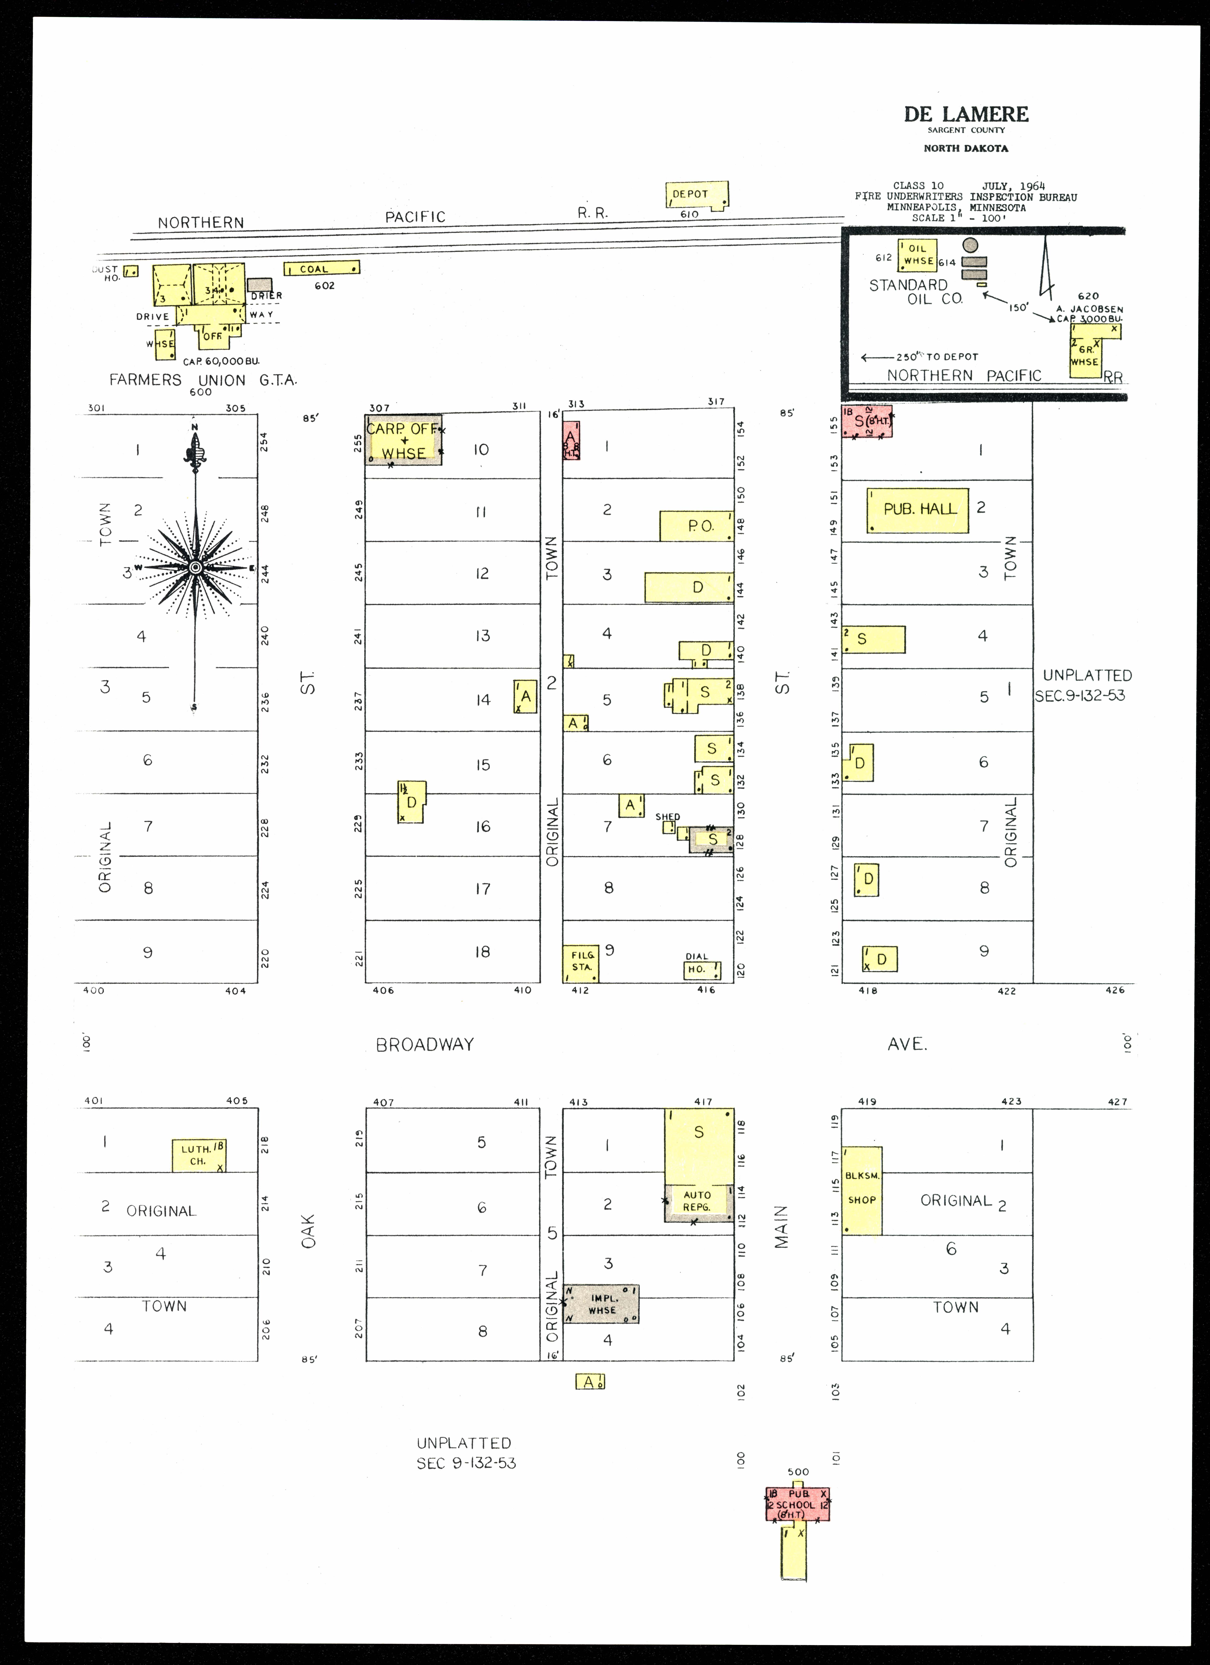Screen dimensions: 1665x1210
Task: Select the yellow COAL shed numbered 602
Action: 322,269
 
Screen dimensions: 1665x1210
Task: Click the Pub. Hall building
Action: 918,510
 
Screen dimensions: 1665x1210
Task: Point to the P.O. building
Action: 696,526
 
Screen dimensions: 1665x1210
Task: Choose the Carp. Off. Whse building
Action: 404,441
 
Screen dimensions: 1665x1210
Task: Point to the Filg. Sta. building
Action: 581,963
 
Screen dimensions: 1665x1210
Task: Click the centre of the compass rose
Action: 195,568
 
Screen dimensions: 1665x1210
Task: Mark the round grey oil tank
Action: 971,246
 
